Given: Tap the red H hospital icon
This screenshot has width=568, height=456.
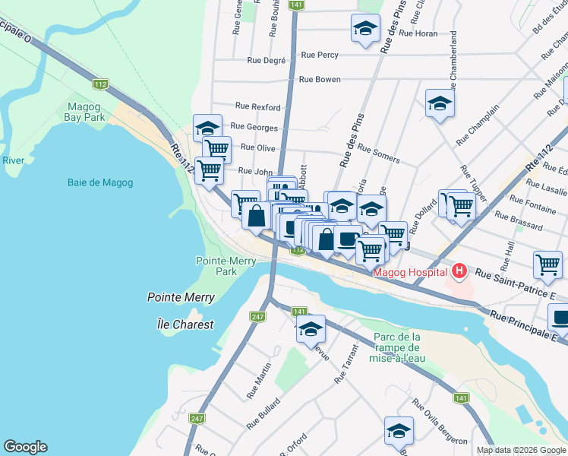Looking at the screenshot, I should click(x=459, y=271).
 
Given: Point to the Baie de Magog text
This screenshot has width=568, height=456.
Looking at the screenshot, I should click(x=99, y=182).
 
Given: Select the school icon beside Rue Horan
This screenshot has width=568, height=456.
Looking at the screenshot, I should click(x=365, y=29).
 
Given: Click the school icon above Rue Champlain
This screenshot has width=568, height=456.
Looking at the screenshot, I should click(x=440, y=104).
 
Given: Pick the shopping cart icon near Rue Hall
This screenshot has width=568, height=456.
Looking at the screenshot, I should click(x=547, y=265).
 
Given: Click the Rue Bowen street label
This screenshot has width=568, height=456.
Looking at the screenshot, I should click(x=320, y=79).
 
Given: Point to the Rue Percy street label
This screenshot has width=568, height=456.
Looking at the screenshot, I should click(x=320, y=55).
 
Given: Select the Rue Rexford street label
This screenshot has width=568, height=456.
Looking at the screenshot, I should click(x=257, y=106).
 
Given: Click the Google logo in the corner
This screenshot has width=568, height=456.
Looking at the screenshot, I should click(x=25, y=447).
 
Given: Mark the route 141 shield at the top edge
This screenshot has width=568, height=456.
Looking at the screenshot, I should click(x=297, y=5).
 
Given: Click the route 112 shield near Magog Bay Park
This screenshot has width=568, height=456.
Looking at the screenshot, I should click(x=100, y=83).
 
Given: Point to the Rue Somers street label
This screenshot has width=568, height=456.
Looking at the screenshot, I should click(x=378, y=154).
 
